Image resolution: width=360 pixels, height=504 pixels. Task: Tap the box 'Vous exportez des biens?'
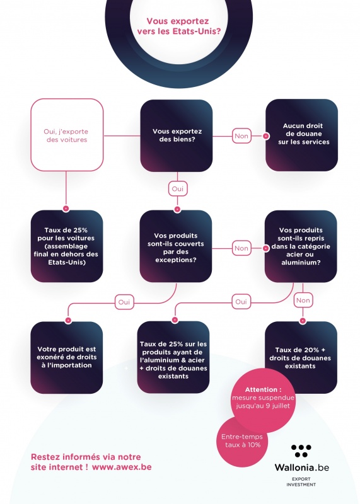[177, 135]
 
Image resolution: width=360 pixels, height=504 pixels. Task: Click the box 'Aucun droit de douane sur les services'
[302, 135]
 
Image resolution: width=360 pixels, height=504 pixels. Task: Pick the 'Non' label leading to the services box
[241, 136]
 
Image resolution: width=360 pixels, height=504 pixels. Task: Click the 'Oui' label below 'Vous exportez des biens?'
[177, 189]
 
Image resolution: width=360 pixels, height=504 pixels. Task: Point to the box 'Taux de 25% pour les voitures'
[67, 246]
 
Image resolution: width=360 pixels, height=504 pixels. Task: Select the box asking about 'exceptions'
[176, 246]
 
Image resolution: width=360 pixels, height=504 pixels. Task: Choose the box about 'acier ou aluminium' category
[301, 246]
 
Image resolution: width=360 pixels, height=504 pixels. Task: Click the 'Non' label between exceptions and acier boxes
[241, 248]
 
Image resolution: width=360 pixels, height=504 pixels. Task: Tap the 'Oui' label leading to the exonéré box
[124, 302]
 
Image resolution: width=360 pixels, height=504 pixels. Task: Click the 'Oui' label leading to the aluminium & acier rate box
[241, 302]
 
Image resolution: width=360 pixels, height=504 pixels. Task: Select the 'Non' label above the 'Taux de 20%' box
[303, 301]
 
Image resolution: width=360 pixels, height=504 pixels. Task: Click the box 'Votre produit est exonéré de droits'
[67, 357]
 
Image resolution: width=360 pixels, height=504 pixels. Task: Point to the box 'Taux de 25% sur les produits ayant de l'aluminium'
[173, 357]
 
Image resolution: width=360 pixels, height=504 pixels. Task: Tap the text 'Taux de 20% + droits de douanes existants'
[300, 358]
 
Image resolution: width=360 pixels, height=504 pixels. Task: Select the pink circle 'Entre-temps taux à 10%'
[242, 441]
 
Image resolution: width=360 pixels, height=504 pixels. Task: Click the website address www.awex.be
[122, 467]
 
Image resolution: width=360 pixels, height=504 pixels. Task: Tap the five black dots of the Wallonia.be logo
[301, 450]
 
